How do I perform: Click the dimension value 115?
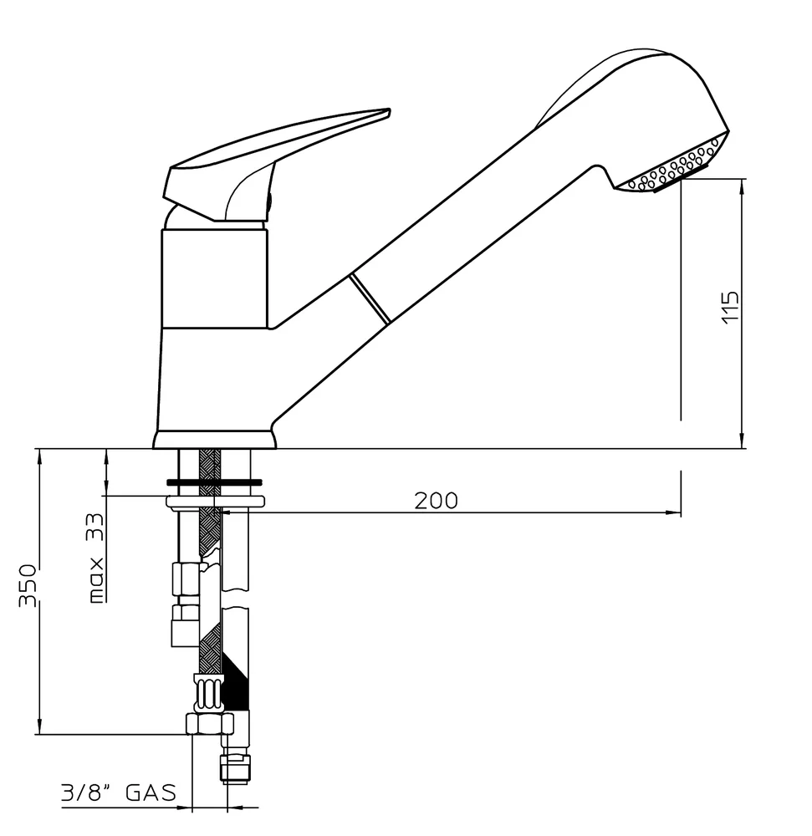[730, 308]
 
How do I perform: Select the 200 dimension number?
[436, 500]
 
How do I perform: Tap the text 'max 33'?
[97, 558]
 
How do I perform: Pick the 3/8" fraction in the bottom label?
[86, 792]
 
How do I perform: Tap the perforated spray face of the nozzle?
[677, 168]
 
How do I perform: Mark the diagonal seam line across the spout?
[370, 297]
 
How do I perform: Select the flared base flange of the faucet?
[214, 440]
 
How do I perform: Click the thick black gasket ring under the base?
[214, 482]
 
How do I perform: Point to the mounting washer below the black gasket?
[215, 502]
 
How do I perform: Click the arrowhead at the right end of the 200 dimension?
[672, 512]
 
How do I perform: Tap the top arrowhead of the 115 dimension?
[742, 185]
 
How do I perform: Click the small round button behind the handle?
[269, 200]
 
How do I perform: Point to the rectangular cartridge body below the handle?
[214, 279]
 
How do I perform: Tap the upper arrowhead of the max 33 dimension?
[107, 456]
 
